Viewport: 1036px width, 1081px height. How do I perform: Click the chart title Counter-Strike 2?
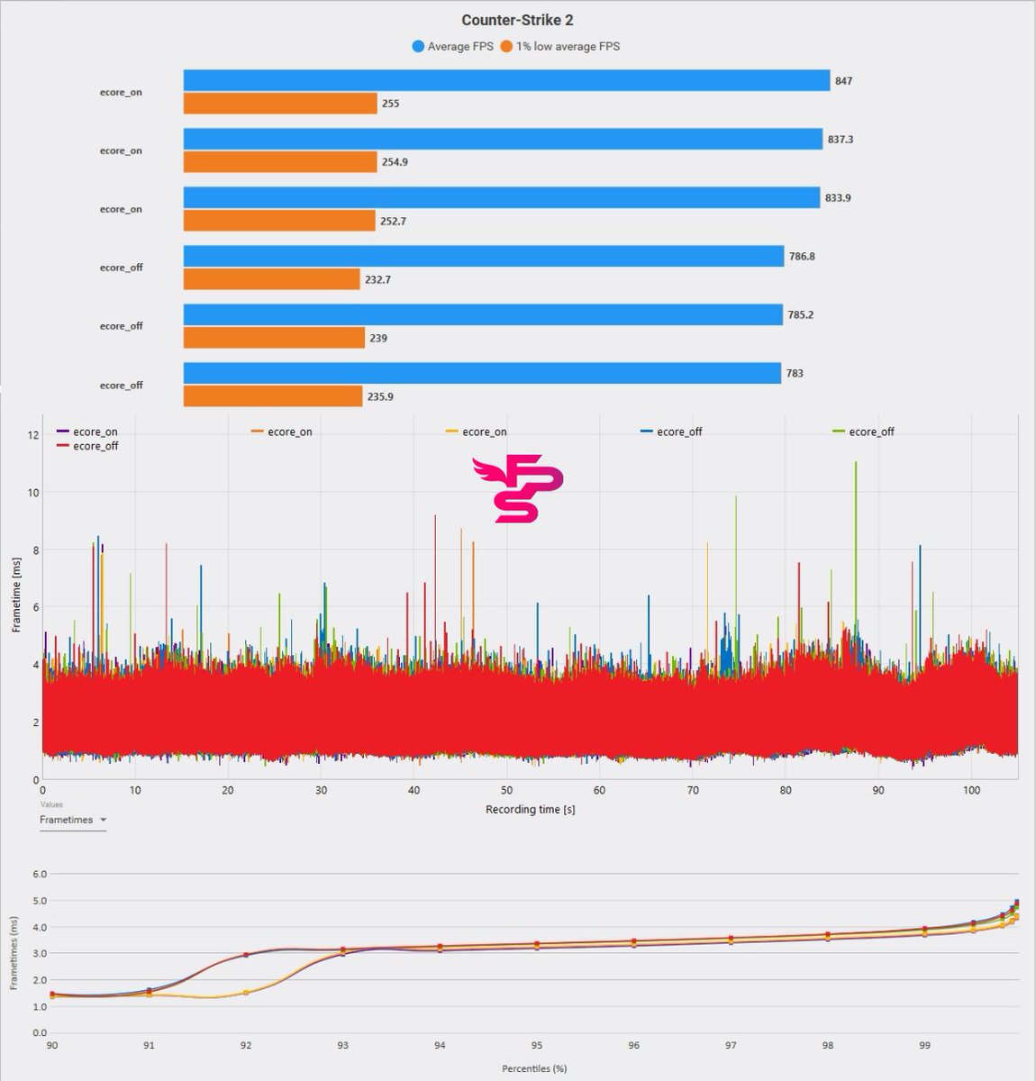point(517,20)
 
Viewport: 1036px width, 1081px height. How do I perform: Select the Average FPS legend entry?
point(453,46)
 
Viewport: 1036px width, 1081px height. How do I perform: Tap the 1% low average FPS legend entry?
point(559,46)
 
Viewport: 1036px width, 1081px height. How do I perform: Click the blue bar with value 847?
point(506,81)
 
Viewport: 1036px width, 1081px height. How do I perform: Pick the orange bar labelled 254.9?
point(279,162)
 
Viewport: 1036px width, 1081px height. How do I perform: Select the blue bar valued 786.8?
point(483,257)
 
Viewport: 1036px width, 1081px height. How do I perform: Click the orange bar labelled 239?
point(274,338)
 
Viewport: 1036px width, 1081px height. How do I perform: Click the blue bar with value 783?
point(482,373)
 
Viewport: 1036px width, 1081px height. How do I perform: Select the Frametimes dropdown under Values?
point(73,820)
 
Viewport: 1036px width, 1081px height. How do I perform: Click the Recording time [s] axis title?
point(530,809)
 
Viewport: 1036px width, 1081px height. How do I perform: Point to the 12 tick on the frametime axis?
point(33,435)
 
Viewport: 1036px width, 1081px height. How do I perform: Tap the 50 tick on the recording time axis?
point(506,791)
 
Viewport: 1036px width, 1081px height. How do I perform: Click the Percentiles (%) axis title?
point(534,1068)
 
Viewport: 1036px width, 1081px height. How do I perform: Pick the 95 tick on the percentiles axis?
point(536,1046)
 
